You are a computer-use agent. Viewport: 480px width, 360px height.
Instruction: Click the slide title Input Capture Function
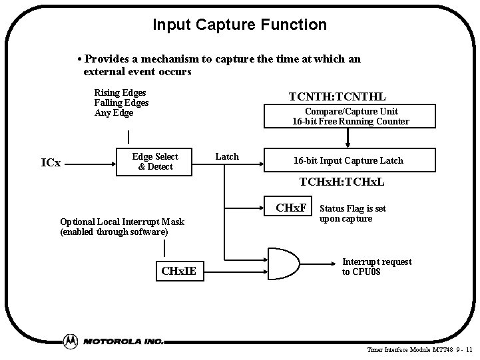tap(240, 25)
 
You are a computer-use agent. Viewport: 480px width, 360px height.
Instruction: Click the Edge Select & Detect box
tap(155, 162)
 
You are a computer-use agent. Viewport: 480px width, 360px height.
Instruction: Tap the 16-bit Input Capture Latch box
tap(349, 160)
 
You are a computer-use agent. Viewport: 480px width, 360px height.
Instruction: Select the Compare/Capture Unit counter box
tap(350, 116)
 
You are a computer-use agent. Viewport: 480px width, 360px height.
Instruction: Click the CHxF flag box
tap(291, 208)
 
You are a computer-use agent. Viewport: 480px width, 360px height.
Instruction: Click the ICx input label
tap(51, 162)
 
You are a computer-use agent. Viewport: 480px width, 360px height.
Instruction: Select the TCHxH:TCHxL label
tap(342, 182)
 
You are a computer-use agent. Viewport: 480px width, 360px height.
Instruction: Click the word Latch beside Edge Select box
tap(227, 156)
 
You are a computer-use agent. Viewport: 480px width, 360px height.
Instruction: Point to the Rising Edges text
tap(120, 92)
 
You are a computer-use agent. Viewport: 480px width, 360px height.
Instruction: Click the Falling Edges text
tap(121, 102)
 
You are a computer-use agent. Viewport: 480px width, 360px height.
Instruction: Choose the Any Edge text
tap(114, 112)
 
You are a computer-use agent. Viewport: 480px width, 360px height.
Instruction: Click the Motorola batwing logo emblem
tap(71, 341)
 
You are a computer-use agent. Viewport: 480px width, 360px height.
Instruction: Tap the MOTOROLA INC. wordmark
tap(123, 341)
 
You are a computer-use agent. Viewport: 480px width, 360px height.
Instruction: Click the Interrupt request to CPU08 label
tap(377, 267)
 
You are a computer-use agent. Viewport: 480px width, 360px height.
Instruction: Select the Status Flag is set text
tap(353, 209)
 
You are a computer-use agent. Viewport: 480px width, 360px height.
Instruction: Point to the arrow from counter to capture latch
tap(347, 138)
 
